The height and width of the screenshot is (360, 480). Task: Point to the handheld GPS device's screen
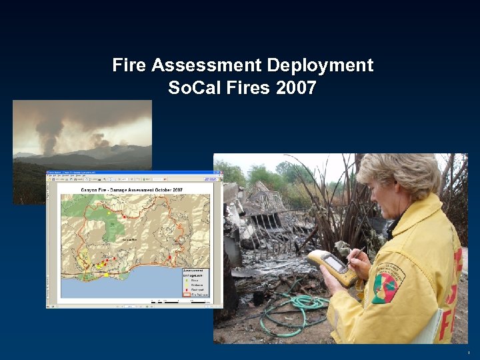coord(333,264)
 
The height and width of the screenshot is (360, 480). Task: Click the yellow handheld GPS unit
coord(331,267)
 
